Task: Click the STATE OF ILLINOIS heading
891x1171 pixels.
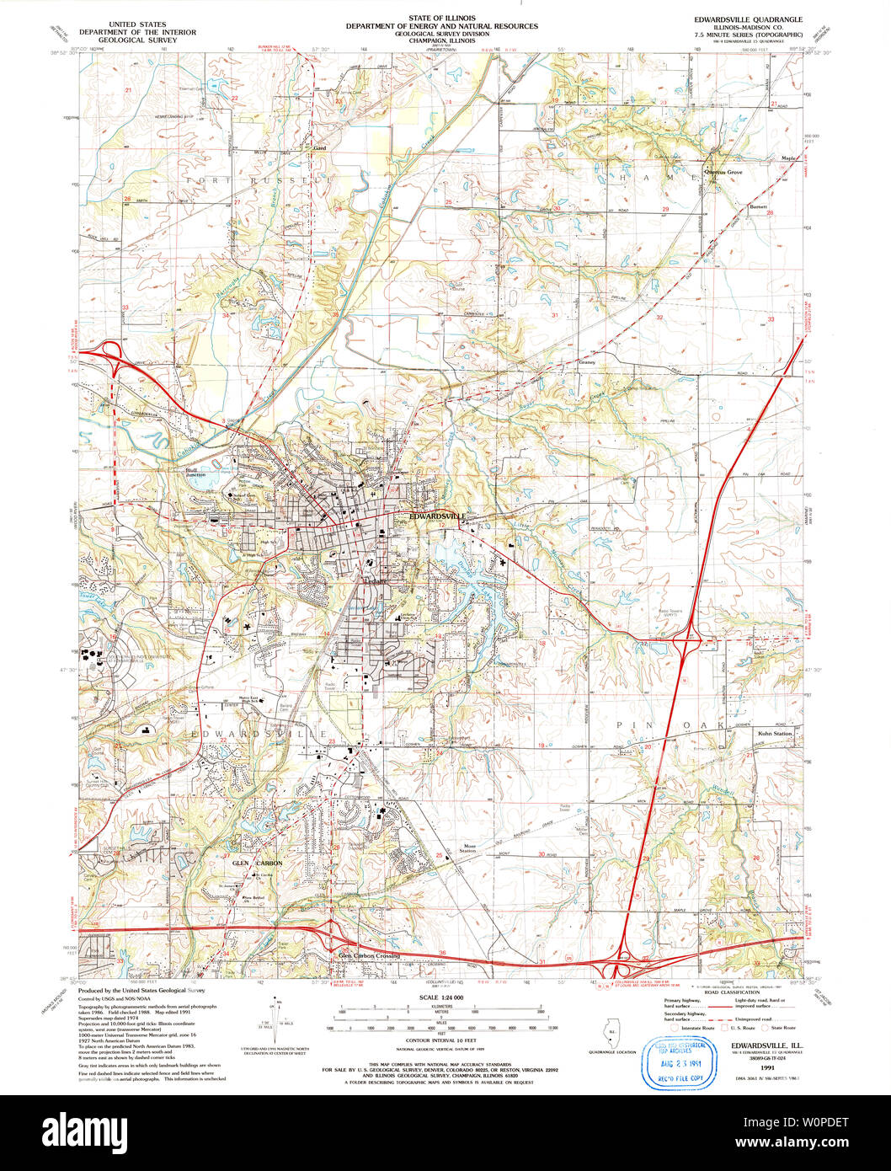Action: click(441, 17)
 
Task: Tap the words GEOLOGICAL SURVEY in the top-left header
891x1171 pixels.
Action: click(135, 39)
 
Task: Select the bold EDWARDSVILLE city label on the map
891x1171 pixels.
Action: click(437, 515)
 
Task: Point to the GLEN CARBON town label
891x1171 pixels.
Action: click(257, 864)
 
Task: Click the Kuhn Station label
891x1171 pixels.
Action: click(776, 735)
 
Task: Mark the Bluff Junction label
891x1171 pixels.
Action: click(196, 472)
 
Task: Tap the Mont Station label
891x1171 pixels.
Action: click(467, 849)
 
